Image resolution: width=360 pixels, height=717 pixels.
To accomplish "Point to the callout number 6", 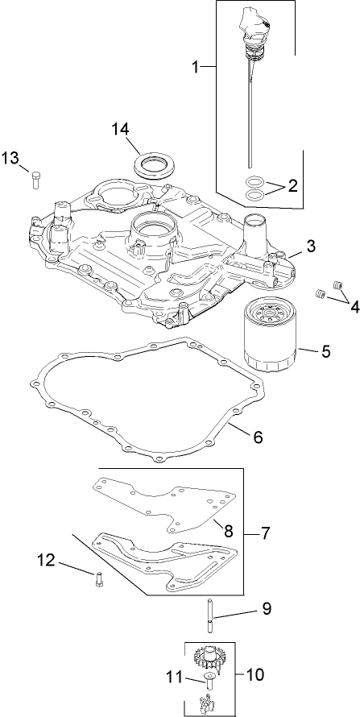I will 257,437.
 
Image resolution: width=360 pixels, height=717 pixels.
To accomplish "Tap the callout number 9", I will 265,610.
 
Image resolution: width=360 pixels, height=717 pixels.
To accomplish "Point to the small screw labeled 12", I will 97,578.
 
